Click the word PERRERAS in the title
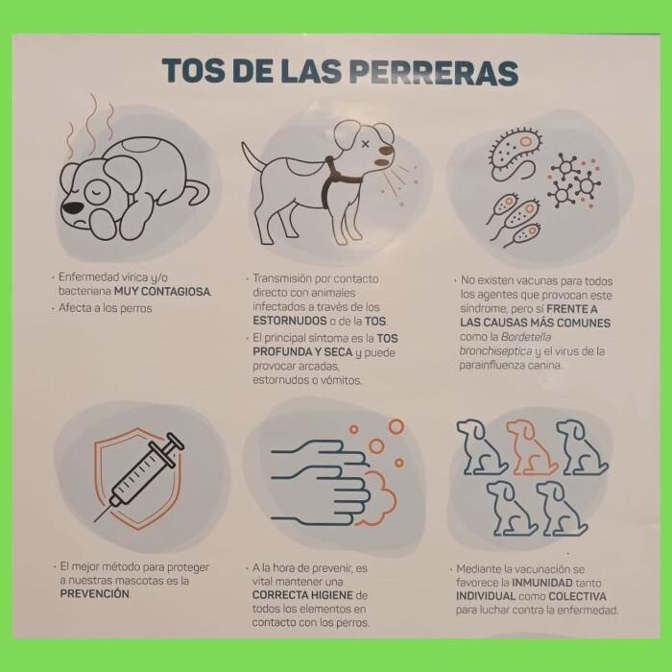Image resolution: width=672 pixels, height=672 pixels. point(434,71)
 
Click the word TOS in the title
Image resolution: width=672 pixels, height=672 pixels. point(193,71)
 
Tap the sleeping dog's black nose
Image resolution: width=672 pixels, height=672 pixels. point(73,207)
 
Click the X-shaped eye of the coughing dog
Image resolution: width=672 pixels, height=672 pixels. point(365,144)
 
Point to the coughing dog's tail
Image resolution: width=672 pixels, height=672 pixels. point(253,156)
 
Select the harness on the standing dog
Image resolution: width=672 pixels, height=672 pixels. point(339,180)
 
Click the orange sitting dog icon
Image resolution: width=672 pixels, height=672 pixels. point(531,447)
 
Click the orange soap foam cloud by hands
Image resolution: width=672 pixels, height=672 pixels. point(377,498)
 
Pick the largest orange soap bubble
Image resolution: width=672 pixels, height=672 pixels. point(396,427)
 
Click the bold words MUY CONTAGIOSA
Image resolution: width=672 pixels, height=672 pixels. point(162,292)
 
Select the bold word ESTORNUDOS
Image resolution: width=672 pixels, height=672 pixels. point(290,321)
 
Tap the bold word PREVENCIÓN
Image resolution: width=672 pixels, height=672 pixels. point(95,594)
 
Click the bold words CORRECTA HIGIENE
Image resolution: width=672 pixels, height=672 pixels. point(302,595)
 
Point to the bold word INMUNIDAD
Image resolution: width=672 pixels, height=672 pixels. point(542,583)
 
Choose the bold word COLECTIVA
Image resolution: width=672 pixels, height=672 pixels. point(577,596)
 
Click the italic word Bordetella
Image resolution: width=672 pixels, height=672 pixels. point(526,337)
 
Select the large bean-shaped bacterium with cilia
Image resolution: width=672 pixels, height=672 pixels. point(516,151)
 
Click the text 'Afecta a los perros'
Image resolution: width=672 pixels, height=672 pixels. point(106,308)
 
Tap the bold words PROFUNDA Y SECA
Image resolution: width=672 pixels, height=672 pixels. point(302,352)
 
